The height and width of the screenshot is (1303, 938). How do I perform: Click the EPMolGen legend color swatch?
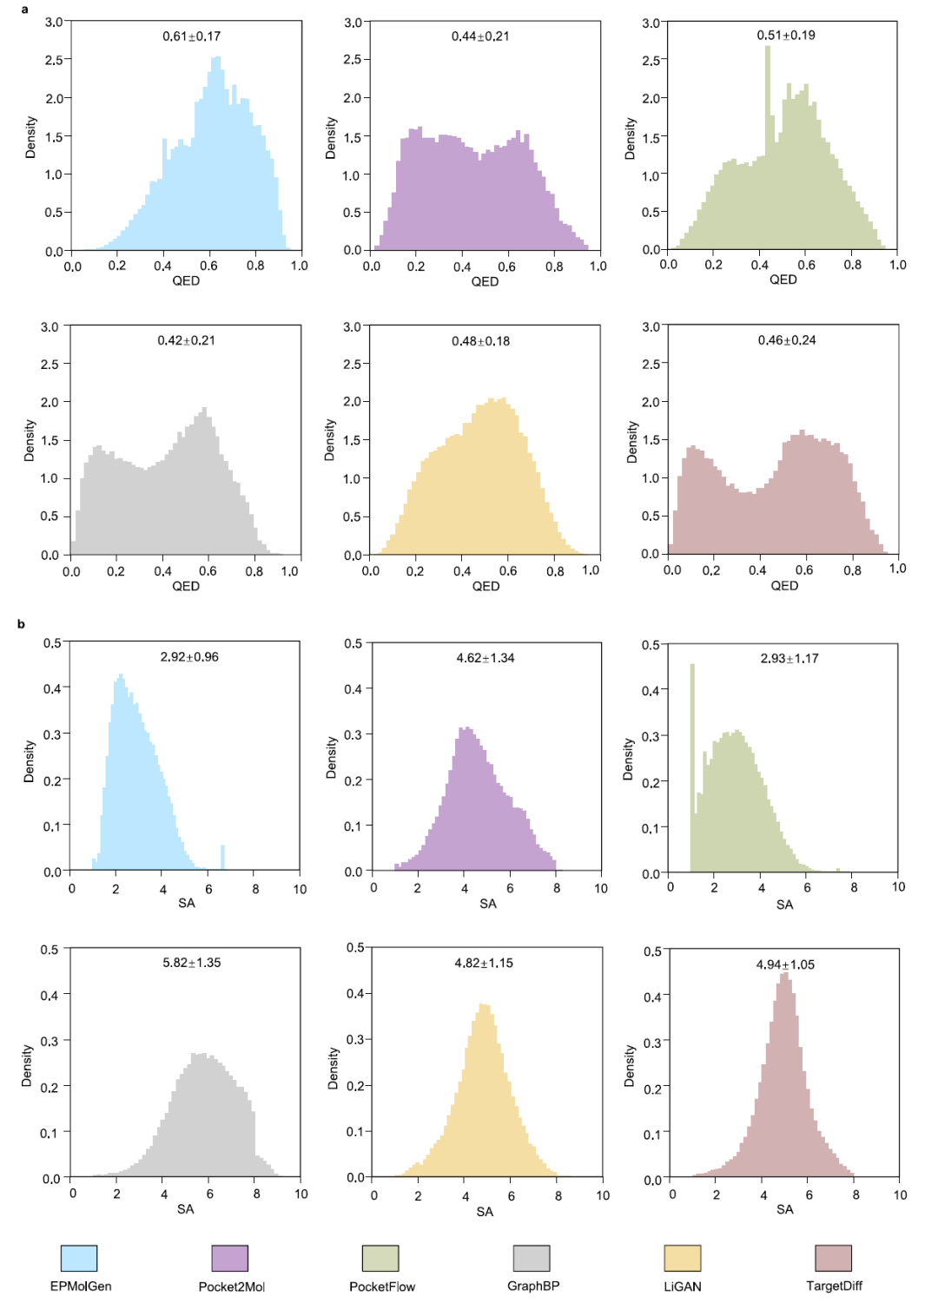tap(79, 1258)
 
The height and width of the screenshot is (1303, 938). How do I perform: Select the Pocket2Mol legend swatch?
tap(230, 1258)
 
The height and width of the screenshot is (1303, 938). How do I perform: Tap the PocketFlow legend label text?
tap(382, 1287)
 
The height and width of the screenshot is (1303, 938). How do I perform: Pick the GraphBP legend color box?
tap(532, 1258)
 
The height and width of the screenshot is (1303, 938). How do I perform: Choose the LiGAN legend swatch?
tap(683, 1258)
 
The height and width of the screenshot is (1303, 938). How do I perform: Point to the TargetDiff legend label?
tap(834, 1286)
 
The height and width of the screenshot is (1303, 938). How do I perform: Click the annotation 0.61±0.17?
tap(191, 36)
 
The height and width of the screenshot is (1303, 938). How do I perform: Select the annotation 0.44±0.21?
tap(480, 36)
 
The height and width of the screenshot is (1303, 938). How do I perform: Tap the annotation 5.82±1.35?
tap(191, 963)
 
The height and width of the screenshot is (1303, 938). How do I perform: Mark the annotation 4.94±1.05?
tap(785, 964)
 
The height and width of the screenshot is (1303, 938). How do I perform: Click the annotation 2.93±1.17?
tap(789, 659)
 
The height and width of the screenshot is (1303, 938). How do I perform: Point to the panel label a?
tap(24, 10)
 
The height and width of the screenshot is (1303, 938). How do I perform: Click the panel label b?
tap(22, 624)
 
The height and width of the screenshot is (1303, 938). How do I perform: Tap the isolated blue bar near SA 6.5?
tap(222, 857)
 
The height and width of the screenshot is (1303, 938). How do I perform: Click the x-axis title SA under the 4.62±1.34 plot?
tap(488, 904)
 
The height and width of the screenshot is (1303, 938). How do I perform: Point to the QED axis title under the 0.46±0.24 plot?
tap(784, 586)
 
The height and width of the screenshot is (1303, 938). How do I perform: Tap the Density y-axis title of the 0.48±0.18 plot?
tap(329, 440)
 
